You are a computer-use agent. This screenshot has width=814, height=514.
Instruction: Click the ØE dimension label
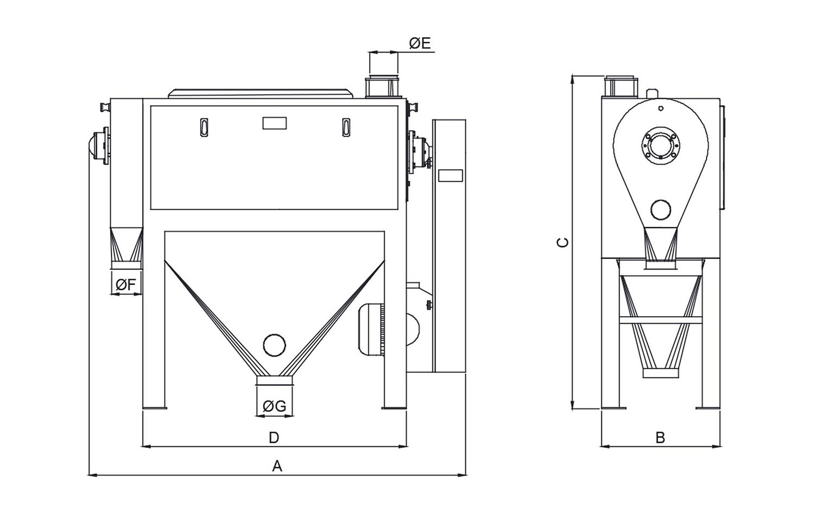tap(420, 43)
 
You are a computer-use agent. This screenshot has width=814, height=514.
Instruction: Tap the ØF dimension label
tap(126, 284)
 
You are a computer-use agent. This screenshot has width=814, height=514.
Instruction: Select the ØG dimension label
tap(274, 406)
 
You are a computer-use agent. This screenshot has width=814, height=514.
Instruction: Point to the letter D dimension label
tap(274, 437)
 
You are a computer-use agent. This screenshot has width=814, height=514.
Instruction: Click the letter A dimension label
tap(277, 466)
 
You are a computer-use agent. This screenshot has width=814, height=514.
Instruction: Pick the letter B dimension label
tap(660, 438)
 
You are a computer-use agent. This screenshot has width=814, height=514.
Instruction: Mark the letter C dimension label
tap(563, 242)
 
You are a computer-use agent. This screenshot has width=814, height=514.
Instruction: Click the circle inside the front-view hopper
tap(274, 345)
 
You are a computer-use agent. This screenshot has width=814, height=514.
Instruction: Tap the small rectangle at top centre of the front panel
tap(275, 123)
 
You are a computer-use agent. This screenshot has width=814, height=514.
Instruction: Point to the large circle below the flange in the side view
tap(661, 209)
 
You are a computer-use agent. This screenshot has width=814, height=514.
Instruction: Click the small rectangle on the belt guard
tap(450, 176)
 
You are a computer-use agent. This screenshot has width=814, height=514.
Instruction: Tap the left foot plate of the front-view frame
tap(154, 407)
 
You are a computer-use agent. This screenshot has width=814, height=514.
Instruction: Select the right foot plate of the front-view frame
tap(394, 407)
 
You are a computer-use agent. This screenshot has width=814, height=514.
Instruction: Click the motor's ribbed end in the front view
tap(381, 330)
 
